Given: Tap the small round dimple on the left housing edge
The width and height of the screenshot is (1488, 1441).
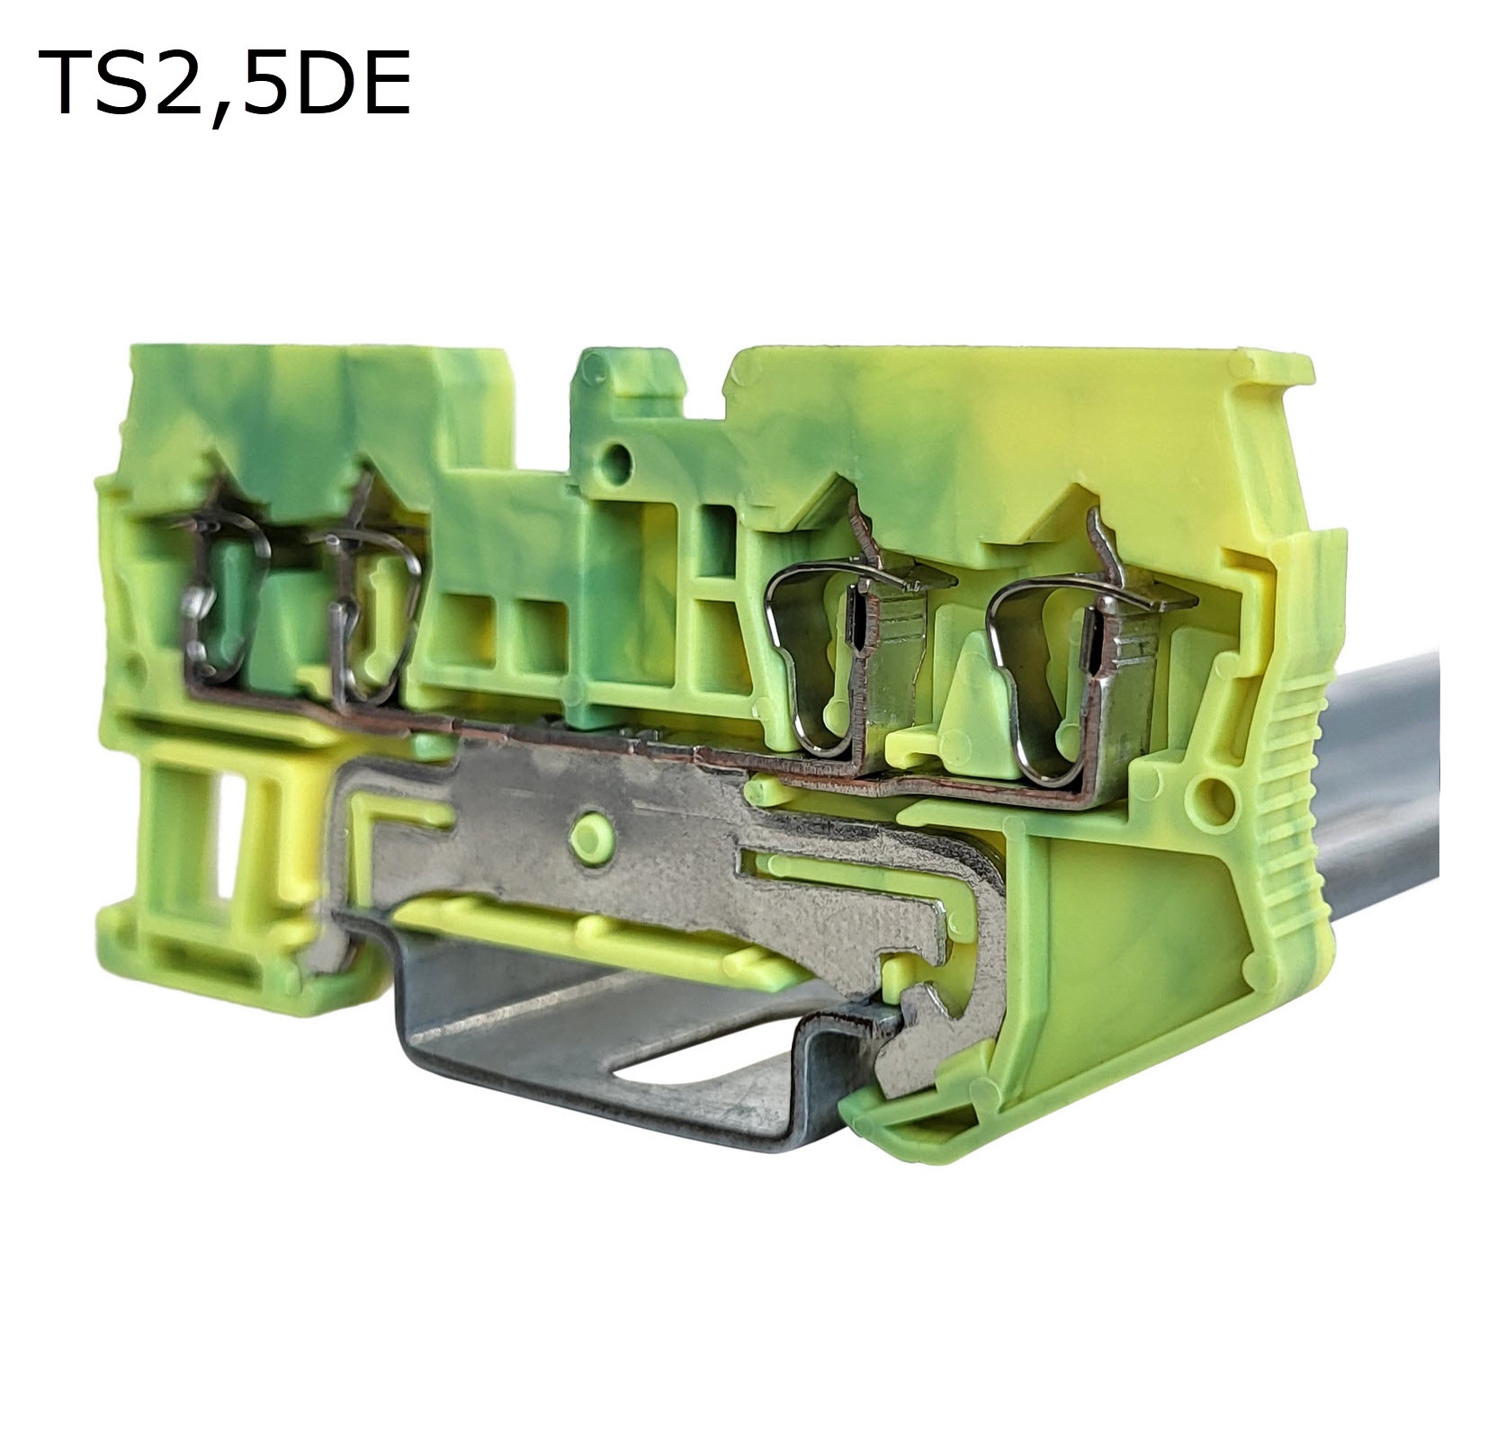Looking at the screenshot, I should (135, 666).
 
